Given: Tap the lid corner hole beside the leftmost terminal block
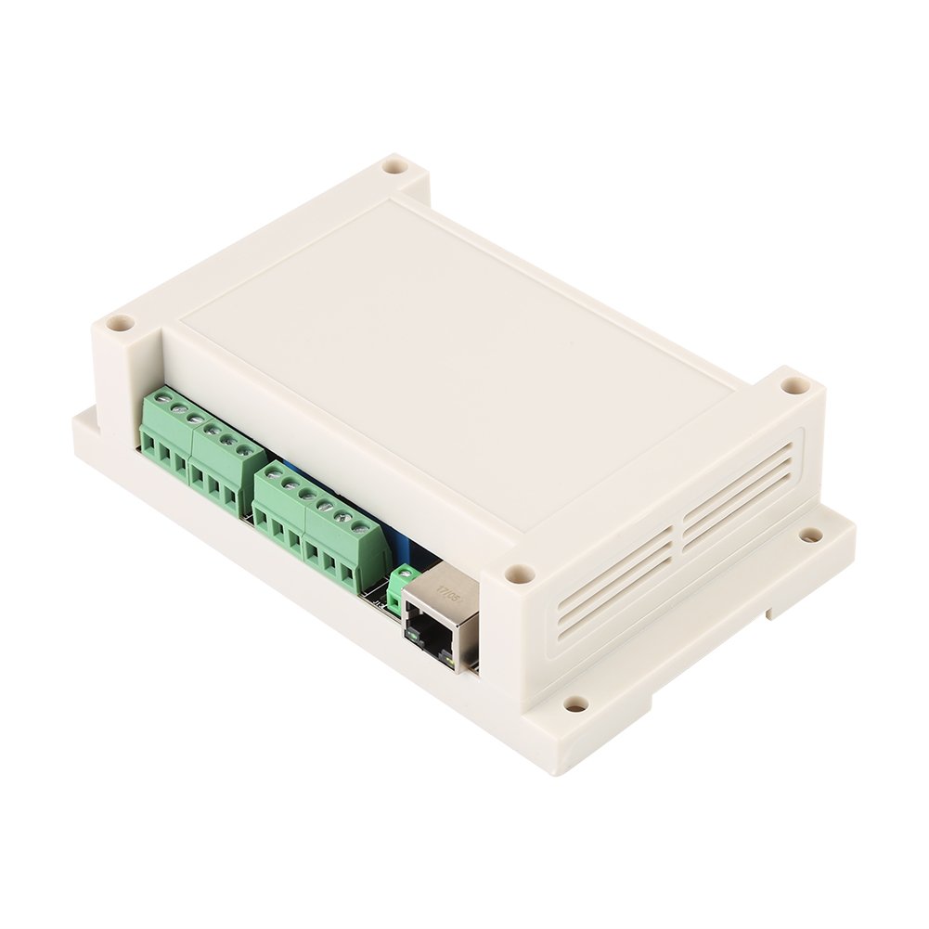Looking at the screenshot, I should pyautogui.click(x=118, y=325).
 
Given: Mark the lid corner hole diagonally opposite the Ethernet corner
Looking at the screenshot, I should pyautogui.click(x=396, y=168).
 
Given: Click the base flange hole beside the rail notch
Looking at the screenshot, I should pyautogui.click(x=810, y=535).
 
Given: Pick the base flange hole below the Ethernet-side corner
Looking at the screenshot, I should pyautogui.click(x=575, y=704).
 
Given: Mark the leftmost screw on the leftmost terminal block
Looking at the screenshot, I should pyautogui.click(x=161, y=398).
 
